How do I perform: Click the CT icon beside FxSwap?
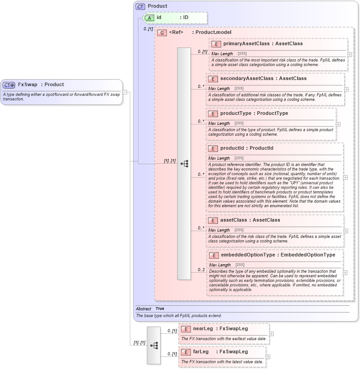(9, 85)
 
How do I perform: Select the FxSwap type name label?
(28, 85)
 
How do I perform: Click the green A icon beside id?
(149, 18)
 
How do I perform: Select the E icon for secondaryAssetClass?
(213, 79)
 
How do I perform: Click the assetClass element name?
(234, 220)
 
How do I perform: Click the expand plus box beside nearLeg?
(271, 334)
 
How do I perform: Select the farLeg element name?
(201, 352)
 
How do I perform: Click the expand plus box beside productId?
(346, 177)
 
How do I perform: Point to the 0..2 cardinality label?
(201, 270)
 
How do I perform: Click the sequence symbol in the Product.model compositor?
(184, 164)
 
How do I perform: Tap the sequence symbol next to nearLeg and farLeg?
(154, 345)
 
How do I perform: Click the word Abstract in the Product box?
(143, 309)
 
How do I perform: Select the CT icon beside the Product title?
(140, 6)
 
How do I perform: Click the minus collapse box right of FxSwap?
(125, 92)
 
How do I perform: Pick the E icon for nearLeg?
(185, 329)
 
